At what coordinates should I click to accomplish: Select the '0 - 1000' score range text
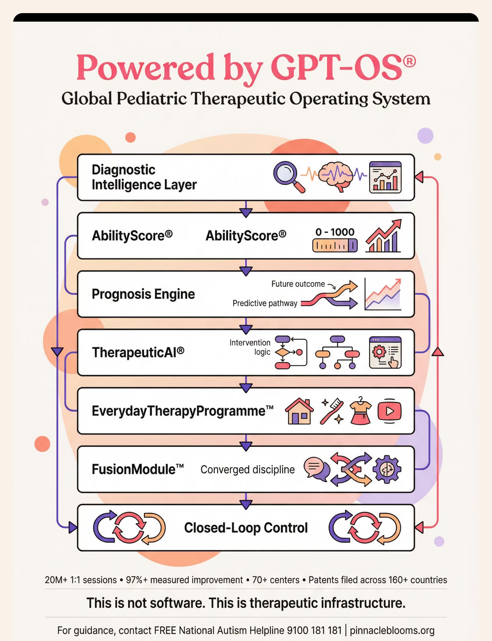click(x=335, y=232)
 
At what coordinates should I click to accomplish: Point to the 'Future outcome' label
click(x=298, y=284)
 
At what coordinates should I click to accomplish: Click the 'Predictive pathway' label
click(x=265, y=303)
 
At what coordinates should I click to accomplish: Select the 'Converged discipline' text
click(x=247, y=469)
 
